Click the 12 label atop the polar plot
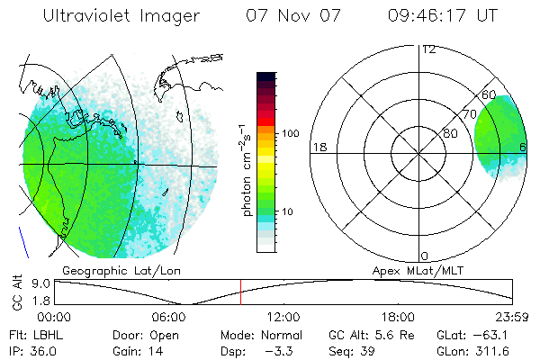tap(428, 49)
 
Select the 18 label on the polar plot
tap(318, 147)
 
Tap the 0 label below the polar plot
tap(425, 256)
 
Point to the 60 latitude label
tap(490, 94)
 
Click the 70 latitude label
tap(468, 115)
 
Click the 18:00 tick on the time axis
tap(398, 317)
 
